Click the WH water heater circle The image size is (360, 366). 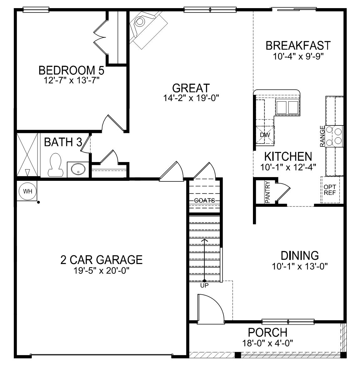tap(28, 191)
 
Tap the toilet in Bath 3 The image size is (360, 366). tap(55, 165)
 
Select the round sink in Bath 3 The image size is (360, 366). tap(78, 169)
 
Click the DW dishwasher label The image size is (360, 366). tap(265, 135)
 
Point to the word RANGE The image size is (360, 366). tap(322, 136)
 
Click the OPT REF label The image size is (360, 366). tap(330, 190)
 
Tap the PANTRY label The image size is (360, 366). tap(267, 192)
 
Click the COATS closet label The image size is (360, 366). tap(204, 201)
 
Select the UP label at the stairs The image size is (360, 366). tap(204, 285)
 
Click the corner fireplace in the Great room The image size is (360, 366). tap(147, 29)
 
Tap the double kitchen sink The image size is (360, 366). tap(287, 107)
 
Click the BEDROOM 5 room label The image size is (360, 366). tap(71, 70)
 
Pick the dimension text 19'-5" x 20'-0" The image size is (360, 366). tap(101, 271)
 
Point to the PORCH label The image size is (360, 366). tap(267, 333)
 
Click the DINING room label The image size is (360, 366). tap(300, 256)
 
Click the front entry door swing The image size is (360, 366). tap(210, 308)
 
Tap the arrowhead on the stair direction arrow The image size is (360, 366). tap(204, 240)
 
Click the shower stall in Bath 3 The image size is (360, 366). tap(27, 155)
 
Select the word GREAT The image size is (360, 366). tap(191, 88)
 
